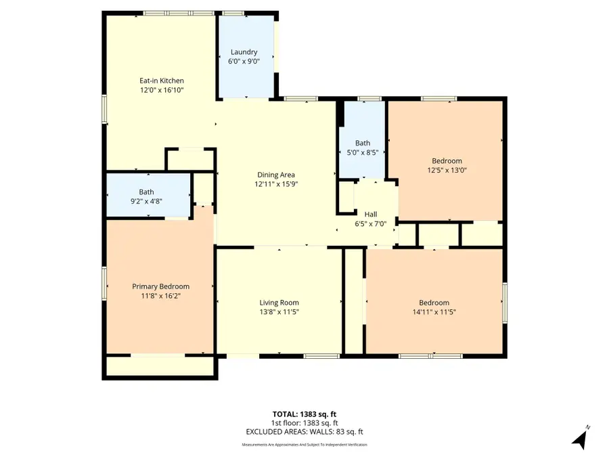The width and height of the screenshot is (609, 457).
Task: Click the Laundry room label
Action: pos(244,52)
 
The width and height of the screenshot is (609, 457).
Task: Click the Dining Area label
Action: pos(275,175)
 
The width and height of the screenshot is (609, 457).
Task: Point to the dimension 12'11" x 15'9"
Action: pos(275,184)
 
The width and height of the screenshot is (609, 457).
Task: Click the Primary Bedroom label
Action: pos(160,286)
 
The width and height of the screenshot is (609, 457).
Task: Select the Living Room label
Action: pos(279,303)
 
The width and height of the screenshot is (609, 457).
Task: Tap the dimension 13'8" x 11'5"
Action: pos(279,312)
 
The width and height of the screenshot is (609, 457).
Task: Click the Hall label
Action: pos(371,214)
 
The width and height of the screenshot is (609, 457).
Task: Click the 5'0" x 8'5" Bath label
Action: pos(363,143)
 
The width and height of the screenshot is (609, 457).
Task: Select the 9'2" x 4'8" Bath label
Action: pos(146,192)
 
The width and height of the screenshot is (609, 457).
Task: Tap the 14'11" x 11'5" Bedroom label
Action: pos(434,303)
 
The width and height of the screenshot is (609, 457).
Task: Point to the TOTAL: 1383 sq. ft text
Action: pos(304,413)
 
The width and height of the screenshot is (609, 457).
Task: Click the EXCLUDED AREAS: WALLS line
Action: pos(304,431)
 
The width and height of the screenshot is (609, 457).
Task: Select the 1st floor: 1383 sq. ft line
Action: pos(304,422)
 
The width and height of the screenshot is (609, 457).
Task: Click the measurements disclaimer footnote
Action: pos(304,445)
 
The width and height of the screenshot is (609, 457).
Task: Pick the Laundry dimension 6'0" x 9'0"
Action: pos(244,62)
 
